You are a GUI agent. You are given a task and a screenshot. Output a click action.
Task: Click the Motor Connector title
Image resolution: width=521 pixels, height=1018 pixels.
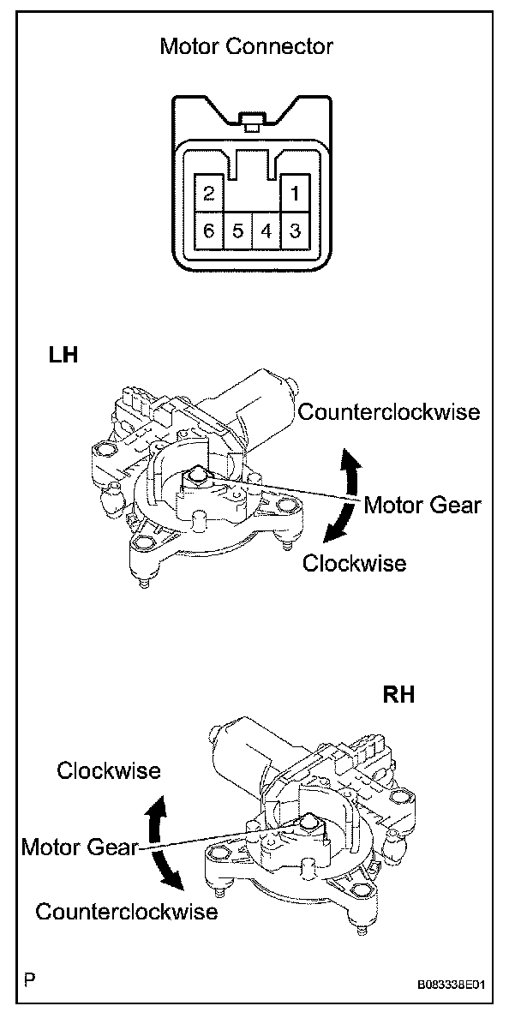coord(246,46)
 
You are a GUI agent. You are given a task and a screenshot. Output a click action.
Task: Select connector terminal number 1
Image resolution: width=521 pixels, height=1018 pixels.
coord(294,193)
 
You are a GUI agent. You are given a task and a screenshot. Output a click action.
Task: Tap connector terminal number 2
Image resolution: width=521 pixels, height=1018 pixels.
coord(208,193)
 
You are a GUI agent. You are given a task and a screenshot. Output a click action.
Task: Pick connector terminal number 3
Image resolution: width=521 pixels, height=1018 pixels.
coord(294,231)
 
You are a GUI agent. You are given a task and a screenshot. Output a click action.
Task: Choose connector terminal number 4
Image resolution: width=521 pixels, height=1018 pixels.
coord(266,231)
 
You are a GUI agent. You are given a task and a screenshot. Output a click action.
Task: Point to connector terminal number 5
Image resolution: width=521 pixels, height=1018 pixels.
coord(237,231)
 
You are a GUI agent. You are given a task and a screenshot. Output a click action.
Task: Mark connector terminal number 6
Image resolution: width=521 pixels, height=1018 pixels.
coord(208,231)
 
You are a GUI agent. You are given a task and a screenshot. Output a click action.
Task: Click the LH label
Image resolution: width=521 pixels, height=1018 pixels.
coord(63,355)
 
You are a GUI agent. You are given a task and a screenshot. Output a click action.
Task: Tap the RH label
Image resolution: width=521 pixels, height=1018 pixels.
coord(398,695)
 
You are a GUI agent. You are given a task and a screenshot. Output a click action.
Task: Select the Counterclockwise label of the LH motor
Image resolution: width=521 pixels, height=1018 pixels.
coord(389,412)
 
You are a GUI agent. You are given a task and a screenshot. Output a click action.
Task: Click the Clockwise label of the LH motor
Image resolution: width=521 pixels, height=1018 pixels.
coord(354,563)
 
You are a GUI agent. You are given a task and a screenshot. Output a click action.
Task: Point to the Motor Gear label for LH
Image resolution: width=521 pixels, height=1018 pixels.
coord(422,504)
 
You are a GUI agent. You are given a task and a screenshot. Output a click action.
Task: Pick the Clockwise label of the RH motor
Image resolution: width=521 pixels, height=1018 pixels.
coord(109,770)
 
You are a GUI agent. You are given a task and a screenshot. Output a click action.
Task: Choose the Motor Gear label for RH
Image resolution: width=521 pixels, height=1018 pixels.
coord(79,847)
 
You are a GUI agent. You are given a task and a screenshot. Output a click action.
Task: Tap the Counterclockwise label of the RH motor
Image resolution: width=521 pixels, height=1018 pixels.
coord(127,911)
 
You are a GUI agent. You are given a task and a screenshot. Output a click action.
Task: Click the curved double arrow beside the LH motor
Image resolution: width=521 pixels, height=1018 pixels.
coord(344,497)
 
